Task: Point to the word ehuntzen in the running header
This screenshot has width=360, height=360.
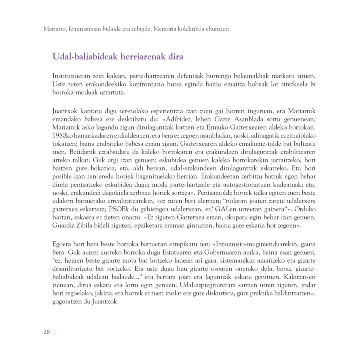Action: click(215, 29)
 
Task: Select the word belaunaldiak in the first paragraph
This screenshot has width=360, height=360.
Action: click(251, 76)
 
